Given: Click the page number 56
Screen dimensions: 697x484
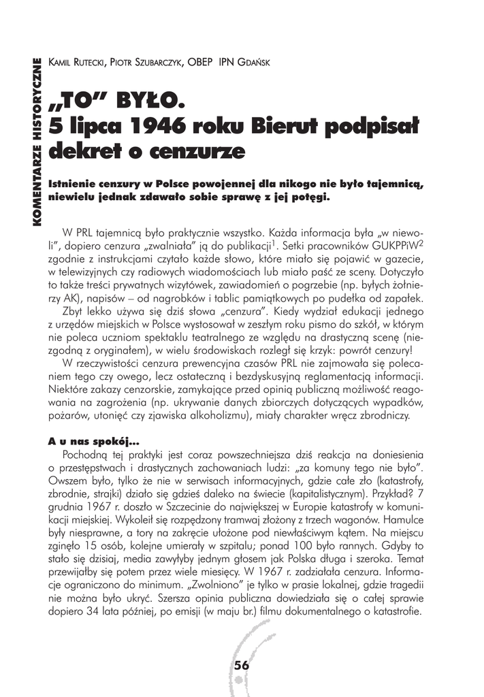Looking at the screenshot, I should pos(241,666).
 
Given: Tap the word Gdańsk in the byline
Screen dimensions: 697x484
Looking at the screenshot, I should pos(253,63).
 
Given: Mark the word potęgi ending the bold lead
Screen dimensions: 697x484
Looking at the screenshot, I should pos(309,197).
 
